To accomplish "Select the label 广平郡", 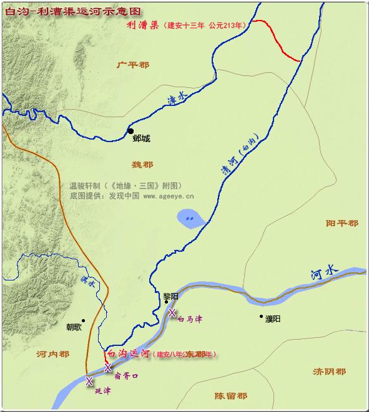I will click(x=134, y=64).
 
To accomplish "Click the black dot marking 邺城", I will click(x=130, y=131).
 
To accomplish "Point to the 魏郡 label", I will click(x=142, y=165).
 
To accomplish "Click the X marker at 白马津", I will click(x=172, y=313).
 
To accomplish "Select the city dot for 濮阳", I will click(x=262, y=317).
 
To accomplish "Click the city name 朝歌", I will click(x=74, y=327).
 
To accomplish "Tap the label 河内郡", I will click(x=52, y=354).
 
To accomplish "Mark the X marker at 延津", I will click(x=89, y=380).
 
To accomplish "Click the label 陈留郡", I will click(x=230, y=396).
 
